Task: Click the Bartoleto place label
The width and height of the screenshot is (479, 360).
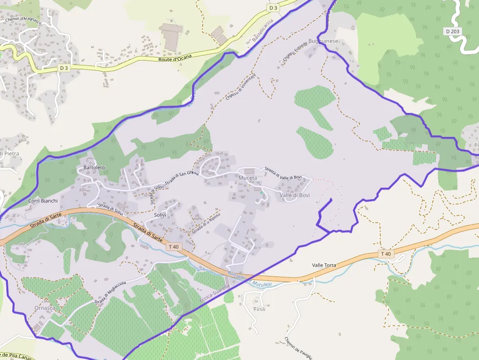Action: (94, 168)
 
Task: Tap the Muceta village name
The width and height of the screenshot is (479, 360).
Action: (248, 178)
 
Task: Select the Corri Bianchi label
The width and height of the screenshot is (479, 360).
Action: (43, 201)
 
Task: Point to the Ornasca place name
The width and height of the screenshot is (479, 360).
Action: (45, 308)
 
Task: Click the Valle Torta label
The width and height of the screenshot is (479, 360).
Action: (324, 265)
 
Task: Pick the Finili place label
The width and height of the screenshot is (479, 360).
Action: (260, 310)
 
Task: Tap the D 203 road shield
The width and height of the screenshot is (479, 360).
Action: (453, 31)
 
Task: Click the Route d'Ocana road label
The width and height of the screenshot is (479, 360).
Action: (175, 58)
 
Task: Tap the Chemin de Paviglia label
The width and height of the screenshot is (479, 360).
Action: (298, 348)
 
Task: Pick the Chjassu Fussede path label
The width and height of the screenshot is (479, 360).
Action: (295, 52)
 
